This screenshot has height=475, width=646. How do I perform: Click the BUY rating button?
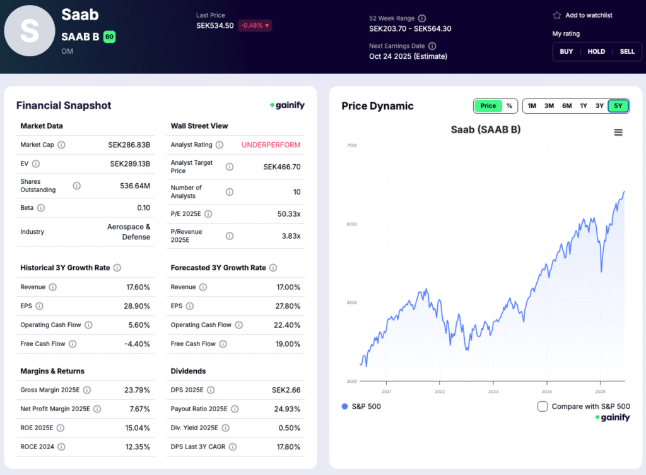pyautogui.click(x=567, y=52)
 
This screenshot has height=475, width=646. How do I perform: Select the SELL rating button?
pyautogui.click(x=627, y=52)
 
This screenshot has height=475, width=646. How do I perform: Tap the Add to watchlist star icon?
pyautogui.click(x=557, y=15)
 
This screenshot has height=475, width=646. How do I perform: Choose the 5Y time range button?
pyautogui.click(x=618, y=106)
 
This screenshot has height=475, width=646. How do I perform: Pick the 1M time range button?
pyautogui.click(x=532, y=106)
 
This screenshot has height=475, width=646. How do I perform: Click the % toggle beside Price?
pyautogui.click(x=509, y=106)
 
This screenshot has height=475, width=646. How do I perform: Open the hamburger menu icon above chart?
pyautogui.click(x=618, y=132)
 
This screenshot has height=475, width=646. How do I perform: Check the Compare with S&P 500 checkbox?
pyautogui.click(x=543, y=406)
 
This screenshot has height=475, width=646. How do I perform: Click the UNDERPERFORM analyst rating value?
pyautogui.click(x=271, y=145)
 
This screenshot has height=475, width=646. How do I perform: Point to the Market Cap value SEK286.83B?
pyautogui.click(x=129, y=145)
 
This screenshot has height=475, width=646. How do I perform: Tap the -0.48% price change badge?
pyautogui.click(x=254, y=26)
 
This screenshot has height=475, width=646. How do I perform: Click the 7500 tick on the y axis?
pyautogui.click(x=351, y=145)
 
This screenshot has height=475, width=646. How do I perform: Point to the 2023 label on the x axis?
pyautogui.click(x=493, y=391)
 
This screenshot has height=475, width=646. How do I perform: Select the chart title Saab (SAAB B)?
pyautogui.click(x=485, y=130)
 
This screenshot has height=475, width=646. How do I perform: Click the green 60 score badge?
pyautogui.click(x=109, y=37)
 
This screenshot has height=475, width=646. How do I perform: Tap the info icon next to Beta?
pyautogui.click(x=40, y=208)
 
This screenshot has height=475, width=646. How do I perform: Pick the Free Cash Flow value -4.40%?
pyautogui.click(x=139, y=344)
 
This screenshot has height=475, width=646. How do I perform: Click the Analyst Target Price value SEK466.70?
pyautogui.click(x=281, y=167)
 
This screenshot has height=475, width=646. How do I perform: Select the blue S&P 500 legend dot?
pyautogui.click(x=344, y=406)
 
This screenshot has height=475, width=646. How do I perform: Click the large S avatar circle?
pyautogui.click(x=29, y=31)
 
